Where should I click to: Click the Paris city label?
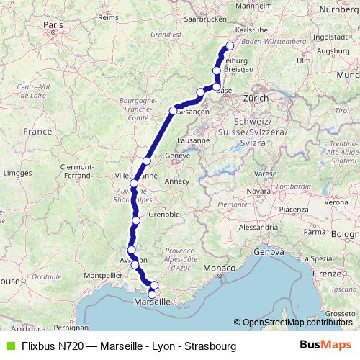(52, 24)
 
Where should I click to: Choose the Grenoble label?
(165, 215)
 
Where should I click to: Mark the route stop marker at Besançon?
(173, 111)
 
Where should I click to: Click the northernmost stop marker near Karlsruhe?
(230, 47)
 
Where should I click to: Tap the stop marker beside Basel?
(217, 86)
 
